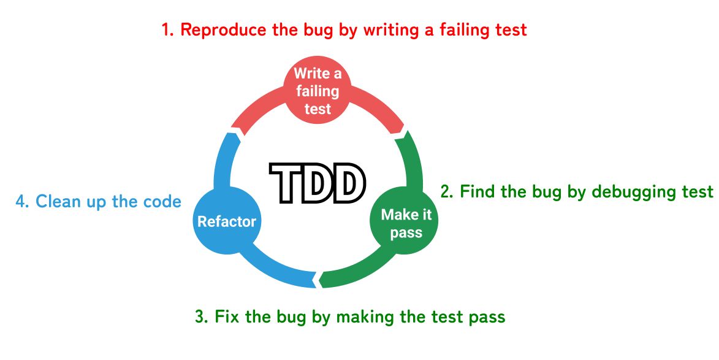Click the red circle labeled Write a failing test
click(x=318, y=91)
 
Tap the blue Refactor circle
click(x=226, y=221)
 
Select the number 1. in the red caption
click(x=168, y=30)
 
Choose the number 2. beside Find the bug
click(x=447, y=192)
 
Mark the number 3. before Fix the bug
click(x=202, y=317)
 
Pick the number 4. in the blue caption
click(x=23, y=201)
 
